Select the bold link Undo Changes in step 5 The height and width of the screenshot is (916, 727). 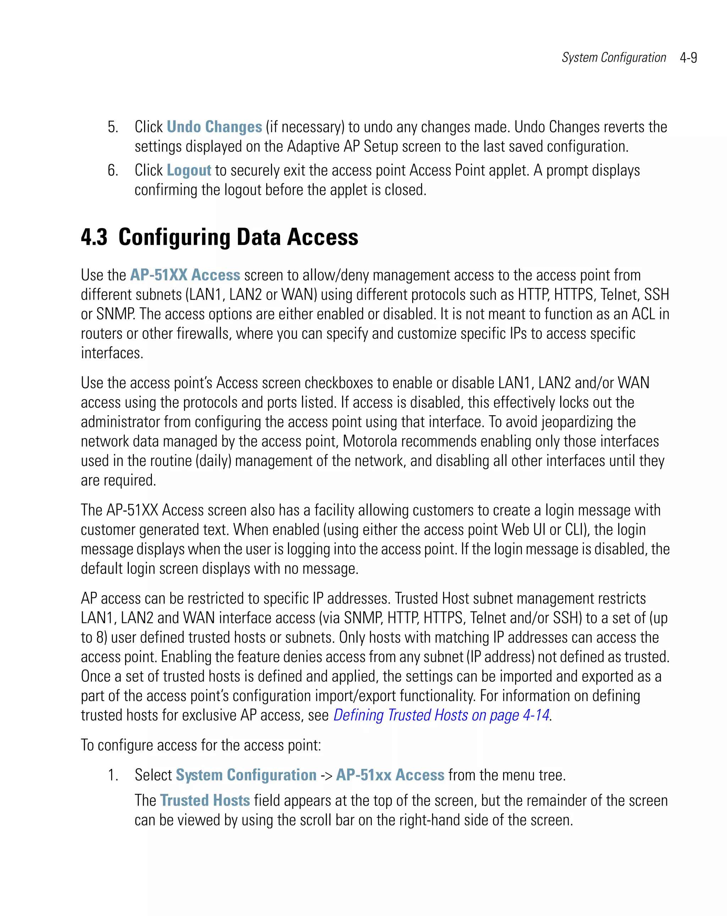point(214,127)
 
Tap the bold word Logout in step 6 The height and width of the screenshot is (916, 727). point(188,170)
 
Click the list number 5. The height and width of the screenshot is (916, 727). point(113,127)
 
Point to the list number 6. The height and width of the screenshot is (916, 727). point(113,170)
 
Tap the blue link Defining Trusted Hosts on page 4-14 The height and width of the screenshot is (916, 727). point(441,715)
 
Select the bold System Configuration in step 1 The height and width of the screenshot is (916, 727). point(246,775)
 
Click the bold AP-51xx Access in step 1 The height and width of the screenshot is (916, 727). point(390,775)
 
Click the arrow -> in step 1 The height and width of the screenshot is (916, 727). point(326,776)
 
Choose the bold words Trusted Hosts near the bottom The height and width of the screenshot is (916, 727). point(205,801)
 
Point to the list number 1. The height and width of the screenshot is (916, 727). point(113,775)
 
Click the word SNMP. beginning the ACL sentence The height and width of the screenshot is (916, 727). point(116,314)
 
